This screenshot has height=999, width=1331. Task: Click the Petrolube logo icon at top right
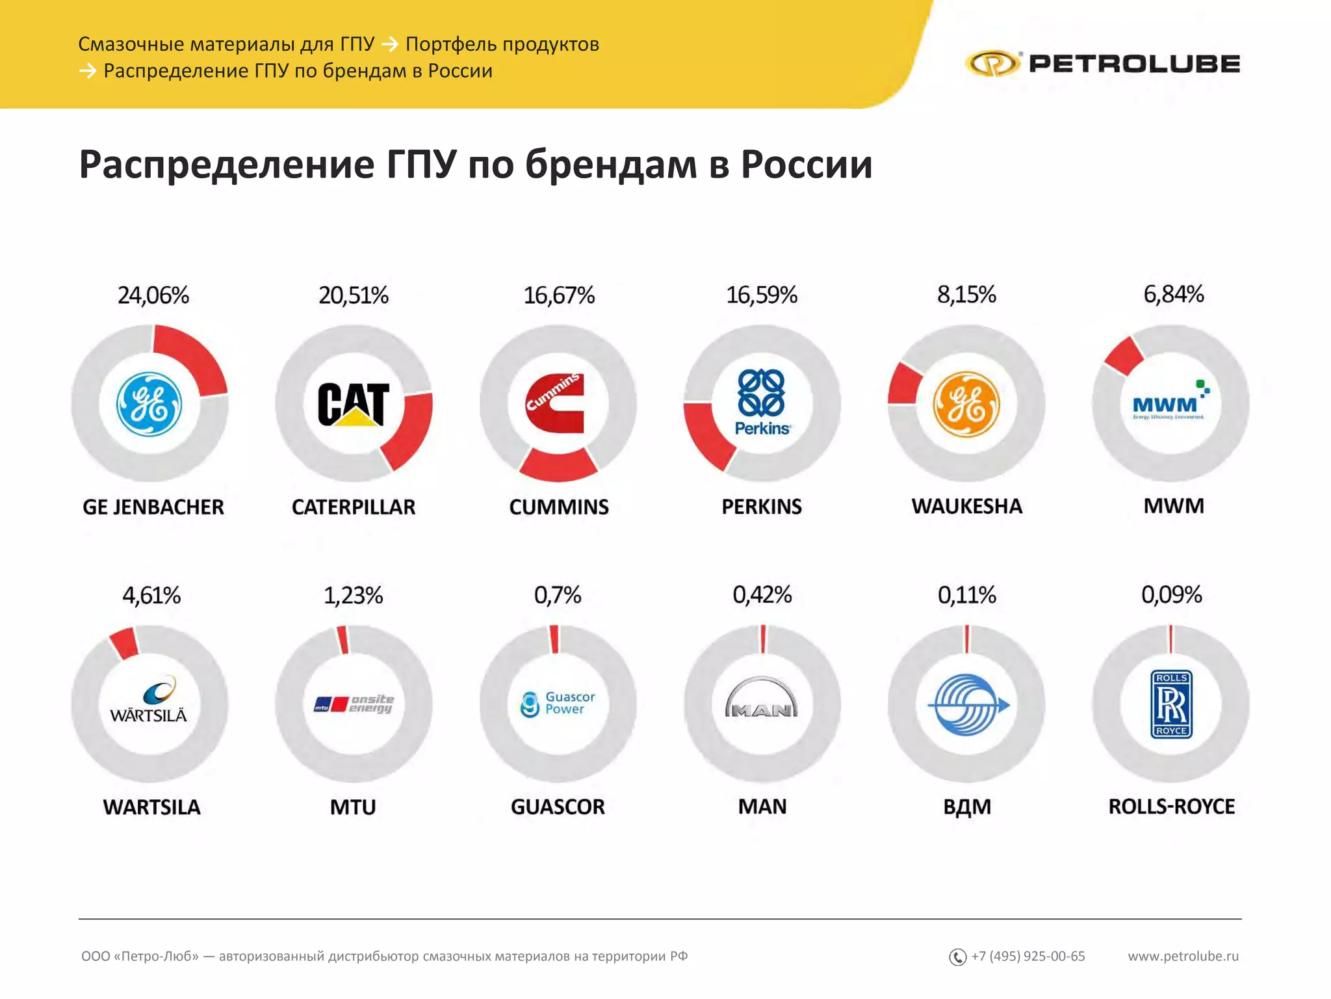point(992,64)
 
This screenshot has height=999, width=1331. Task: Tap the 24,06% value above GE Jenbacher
point(153,295)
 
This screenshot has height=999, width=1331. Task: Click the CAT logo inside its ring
point(354,404)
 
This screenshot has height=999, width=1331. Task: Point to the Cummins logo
point(556,403)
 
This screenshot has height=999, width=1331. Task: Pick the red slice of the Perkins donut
point(707,434)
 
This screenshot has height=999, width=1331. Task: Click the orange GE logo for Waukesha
point(966,404)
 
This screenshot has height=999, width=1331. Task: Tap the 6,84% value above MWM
point(1173,294)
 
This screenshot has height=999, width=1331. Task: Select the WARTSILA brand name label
point(151,807)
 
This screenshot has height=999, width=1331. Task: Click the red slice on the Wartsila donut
point(124,643)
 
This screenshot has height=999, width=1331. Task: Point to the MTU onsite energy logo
point(354,704)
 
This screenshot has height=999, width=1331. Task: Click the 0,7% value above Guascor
point(558,594)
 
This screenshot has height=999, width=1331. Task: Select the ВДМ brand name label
point(967,806)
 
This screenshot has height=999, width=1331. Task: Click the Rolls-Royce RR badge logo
point(1171,704)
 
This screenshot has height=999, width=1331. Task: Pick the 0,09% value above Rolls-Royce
point(1171,594)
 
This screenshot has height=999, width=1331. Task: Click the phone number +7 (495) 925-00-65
point(1027,956)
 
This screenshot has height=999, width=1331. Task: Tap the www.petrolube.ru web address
point(1183,956)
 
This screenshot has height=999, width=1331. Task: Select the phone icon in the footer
point(957,957)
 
